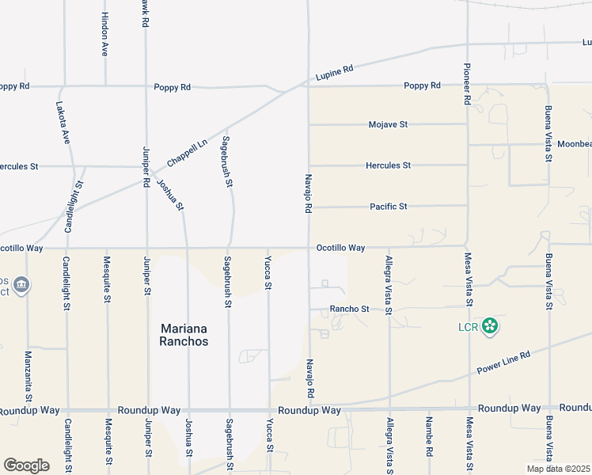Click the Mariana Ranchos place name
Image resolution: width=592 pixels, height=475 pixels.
point(184,334)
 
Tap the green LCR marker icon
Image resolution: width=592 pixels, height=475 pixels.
point(491,325)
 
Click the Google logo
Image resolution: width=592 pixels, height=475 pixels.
point(26,465)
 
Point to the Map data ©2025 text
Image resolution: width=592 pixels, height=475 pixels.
point(558,469)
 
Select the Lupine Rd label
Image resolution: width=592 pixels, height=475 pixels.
point(334,72)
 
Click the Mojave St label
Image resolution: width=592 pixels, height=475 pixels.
point(388,124)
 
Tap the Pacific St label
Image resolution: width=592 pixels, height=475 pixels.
point(388,207)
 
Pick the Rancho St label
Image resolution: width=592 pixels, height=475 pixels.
point(350,309)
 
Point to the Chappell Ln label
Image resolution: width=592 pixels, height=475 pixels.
point(187,153)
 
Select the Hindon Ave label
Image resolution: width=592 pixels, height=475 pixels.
point(104,34)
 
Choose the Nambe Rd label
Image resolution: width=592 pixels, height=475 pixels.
point(428,435)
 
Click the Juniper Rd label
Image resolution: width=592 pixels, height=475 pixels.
point(146,166)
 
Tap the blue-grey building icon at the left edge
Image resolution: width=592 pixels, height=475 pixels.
point(21,285)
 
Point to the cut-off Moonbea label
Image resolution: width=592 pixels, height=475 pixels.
point(574,145)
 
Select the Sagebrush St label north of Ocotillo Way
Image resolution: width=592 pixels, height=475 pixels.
point(227,161)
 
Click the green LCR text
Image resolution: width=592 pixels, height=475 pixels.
point(469,325)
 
